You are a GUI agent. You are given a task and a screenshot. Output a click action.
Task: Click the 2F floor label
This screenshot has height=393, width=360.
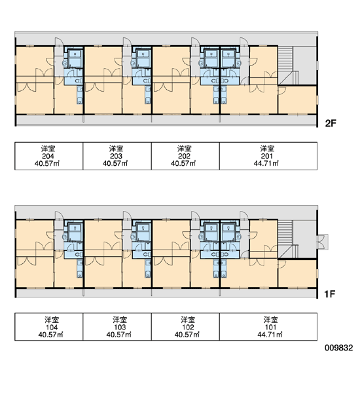click(331, 123)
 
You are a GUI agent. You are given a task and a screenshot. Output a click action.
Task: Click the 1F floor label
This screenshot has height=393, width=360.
click(330, 294)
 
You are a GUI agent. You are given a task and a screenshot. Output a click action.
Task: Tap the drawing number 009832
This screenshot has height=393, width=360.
click(338, 348)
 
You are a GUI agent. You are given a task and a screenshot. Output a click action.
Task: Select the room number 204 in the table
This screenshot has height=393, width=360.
click(48, 156)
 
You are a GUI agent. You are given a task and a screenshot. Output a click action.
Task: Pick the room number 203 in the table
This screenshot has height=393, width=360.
click(117, 156)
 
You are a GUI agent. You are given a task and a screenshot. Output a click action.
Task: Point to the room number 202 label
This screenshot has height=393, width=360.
click(184, 156)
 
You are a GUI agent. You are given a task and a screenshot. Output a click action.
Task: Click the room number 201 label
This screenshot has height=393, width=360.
click(267, 156)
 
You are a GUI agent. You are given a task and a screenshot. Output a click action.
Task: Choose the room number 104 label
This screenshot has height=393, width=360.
click(52, 327)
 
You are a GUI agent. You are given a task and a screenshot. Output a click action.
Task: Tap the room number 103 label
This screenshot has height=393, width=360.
click(120, 327)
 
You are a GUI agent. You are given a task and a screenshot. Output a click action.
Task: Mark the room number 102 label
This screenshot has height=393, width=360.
click(188, 327)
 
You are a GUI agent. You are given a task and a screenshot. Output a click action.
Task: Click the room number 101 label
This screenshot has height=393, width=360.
click(270, 327)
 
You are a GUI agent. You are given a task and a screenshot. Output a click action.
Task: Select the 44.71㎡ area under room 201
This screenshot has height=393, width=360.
click(266, 163)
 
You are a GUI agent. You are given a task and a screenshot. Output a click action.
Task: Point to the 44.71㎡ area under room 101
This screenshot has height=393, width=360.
click(270, 335)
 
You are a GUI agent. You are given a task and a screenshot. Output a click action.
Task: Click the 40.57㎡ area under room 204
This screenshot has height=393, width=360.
click(47, 163)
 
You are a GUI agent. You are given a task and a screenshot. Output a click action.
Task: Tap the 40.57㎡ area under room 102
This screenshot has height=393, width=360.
click(187, 335)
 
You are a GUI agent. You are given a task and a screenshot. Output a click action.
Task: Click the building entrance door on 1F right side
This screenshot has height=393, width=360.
click(323, 242)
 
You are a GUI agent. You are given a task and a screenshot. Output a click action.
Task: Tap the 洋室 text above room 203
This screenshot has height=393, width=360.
click(117, 149)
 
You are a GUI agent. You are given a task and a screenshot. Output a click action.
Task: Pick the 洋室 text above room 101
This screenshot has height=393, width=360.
click(270, 320)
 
